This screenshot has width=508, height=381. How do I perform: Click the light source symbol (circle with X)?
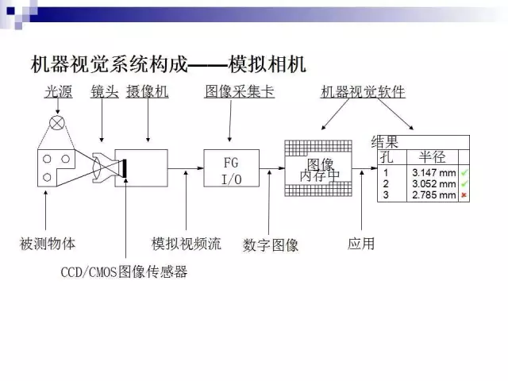click(57, 123)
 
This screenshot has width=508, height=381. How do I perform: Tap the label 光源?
click(58, 92)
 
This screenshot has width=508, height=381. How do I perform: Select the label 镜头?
click(105, 92)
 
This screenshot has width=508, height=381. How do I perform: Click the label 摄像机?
click(148, 92)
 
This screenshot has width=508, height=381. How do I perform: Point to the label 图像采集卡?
click(240, 92)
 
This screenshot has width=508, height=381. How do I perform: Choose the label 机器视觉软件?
click(363, 92)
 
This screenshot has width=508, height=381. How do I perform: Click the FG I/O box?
click(231, 168)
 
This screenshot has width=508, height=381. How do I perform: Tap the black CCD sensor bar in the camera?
click(125, 168)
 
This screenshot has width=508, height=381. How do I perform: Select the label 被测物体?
click(48, 244)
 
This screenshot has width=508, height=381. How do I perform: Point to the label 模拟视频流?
click(187, 244)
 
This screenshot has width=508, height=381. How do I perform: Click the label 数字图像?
click(271, 245)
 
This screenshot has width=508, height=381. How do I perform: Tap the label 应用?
click(361, 244)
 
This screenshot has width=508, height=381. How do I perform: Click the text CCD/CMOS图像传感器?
click(124, 271)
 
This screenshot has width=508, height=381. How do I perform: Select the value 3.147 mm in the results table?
click(434, 173)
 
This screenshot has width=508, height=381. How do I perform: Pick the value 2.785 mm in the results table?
click(434, 195)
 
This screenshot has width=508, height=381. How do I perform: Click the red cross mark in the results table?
click(464, 195)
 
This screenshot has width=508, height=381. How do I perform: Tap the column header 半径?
click(432, 157)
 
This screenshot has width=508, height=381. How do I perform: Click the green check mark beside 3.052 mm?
click(464, 183)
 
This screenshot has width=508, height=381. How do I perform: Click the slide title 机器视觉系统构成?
click(110, 64)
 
